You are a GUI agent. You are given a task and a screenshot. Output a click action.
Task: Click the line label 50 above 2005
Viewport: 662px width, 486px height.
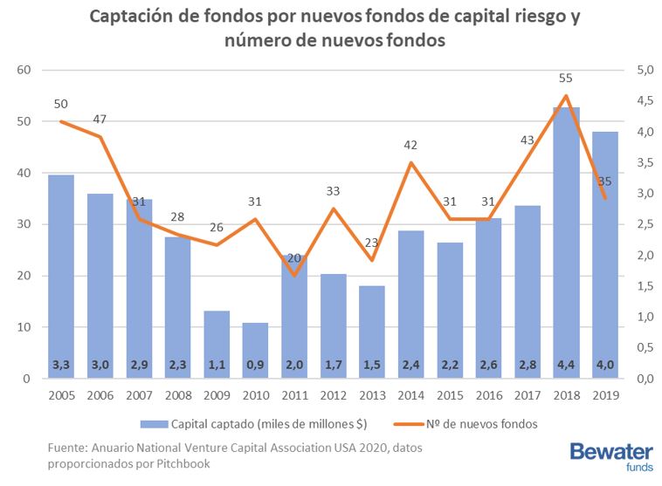click(60, 104)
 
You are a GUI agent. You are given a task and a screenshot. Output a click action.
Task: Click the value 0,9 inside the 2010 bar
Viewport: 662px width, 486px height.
click(254, 365)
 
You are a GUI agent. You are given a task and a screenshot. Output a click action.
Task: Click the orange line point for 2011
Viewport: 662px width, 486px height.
click(293, 276)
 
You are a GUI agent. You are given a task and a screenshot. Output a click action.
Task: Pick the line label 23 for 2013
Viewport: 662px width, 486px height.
click(370, 243)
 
